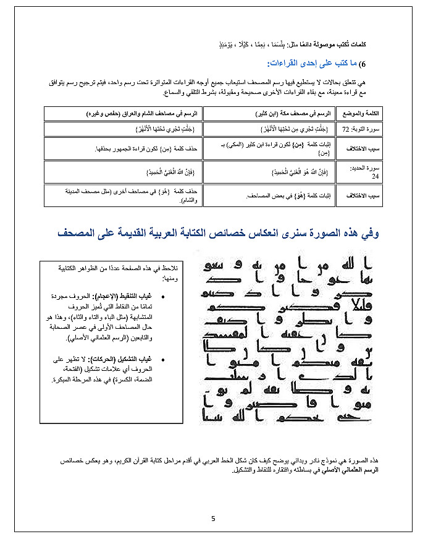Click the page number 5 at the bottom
[x=213, y=518]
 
